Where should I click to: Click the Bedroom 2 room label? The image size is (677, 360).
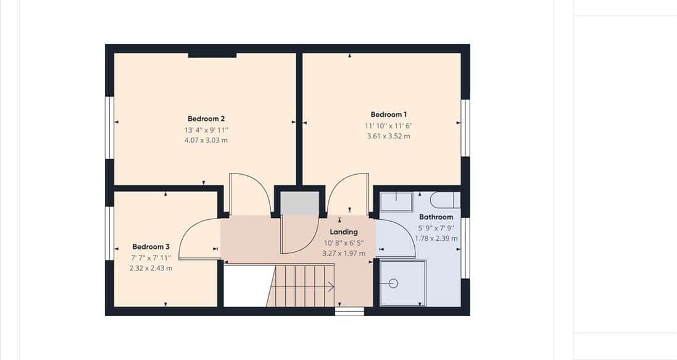coord(206,119)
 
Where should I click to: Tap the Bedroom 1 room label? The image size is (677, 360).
coord(389,114)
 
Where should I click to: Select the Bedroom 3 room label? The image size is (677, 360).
coord(151,247)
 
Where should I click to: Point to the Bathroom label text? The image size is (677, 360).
coord(436,217)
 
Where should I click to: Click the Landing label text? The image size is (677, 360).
coord(344,232)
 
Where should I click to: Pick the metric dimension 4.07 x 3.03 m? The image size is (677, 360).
coord(206,140)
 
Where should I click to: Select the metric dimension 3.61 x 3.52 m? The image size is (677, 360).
coord(389,136)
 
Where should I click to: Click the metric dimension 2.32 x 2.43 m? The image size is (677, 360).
coord(151,269)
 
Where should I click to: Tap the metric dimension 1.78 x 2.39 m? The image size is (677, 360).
coord(436,238)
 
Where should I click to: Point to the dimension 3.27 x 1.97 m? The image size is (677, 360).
coord(344,254)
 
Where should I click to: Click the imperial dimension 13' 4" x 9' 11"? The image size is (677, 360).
coord(206,130)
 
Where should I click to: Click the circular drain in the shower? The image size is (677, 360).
coord(393,283)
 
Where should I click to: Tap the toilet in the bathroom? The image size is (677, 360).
coord(446,200)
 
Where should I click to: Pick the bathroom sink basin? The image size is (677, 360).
coord(396,202)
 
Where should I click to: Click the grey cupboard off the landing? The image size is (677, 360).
coord(300,204)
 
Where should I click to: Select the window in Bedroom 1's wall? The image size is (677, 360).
coord(465,127)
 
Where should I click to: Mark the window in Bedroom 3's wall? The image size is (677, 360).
coord(110,233)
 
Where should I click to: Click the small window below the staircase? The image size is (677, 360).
coord(349,311)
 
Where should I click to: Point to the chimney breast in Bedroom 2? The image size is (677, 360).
coord(212,55)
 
